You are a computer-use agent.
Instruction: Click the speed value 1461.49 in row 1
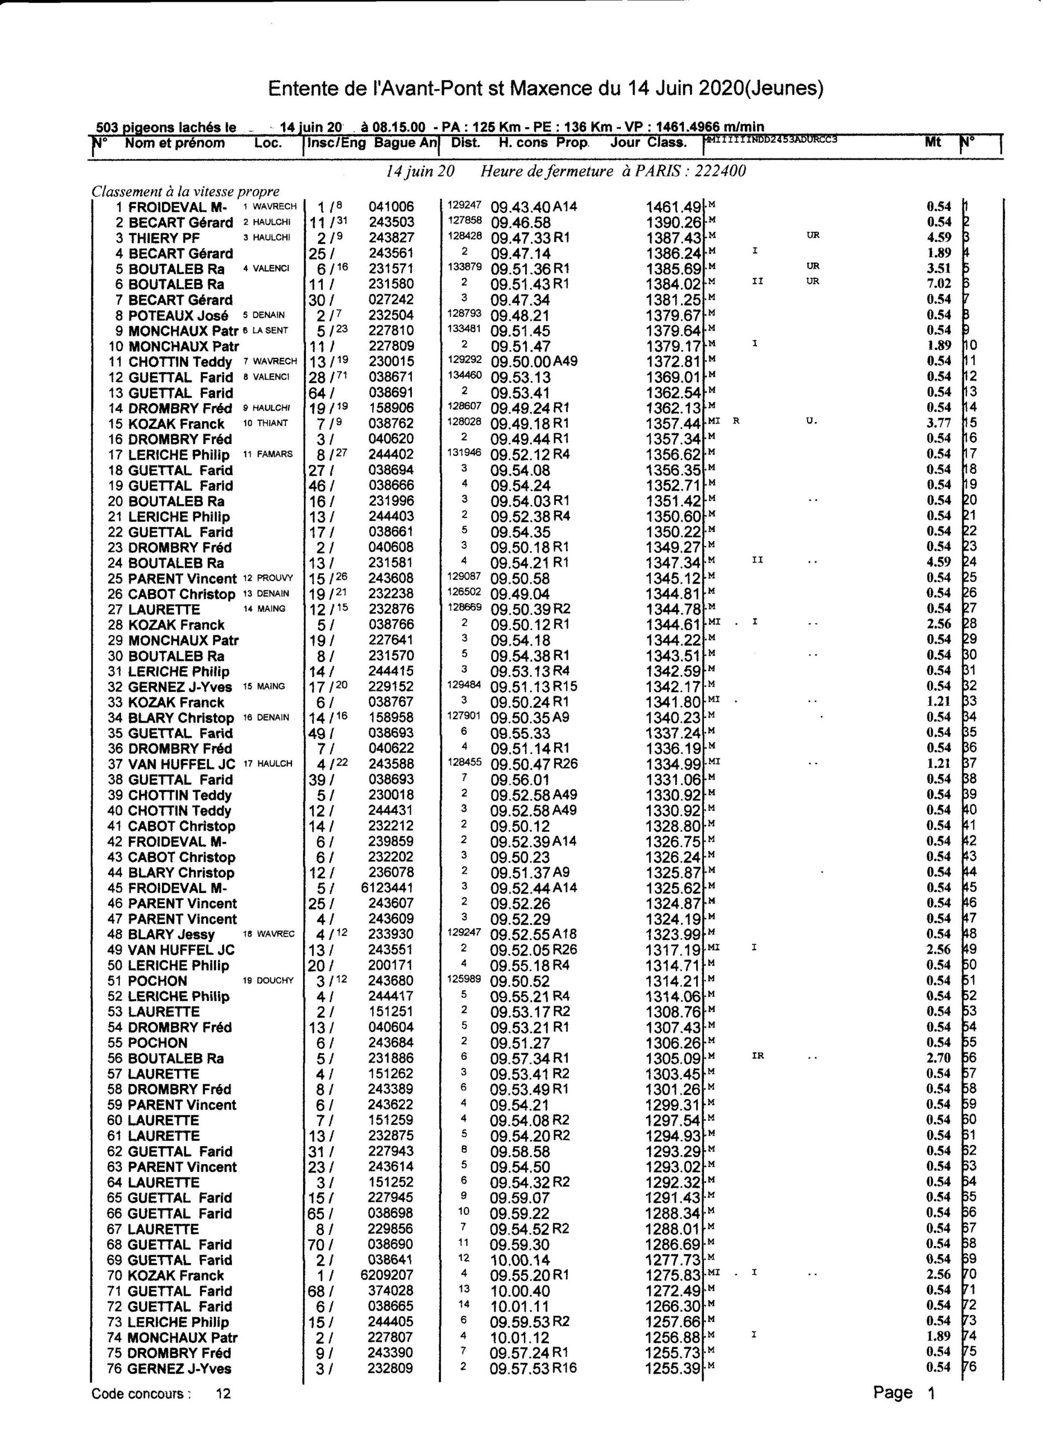pyautogui.click(x=673, y=207)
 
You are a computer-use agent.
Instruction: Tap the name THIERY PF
pyautogui.click(x=164, y=239)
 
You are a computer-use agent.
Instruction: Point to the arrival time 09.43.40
pyautogui.click(x=521, y=207)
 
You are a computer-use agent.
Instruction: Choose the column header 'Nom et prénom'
pyautogui.click(x=174, y=143)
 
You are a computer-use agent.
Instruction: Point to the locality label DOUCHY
pyautogui.click(x=275, y=981)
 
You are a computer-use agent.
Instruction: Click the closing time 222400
pyautogui.click(x=720, y=171)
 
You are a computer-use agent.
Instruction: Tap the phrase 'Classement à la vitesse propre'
pyautogui.click(x=186, y=192)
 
